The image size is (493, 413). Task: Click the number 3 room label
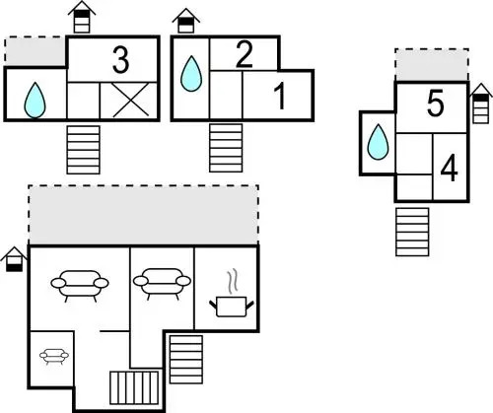click(120, 59)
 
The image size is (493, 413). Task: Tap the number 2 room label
click(244, 54)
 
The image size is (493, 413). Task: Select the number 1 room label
click(280, 97)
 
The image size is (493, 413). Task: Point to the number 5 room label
click(435, 103)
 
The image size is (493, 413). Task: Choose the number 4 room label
click(449, 169)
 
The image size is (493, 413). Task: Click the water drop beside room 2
click(191, 74)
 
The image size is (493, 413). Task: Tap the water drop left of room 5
click(378, 142)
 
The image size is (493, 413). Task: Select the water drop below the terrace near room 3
click(35, 100)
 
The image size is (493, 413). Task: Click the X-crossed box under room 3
click(130, 101)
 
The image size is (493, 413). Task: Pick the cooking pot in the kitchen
click(232, 307)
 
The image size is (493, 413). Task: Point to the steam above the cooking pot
click(233, 281)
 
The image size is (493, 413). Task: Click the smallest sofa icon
click(54, 357)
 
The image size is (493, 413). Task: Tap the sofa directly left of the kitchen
click(162, 284)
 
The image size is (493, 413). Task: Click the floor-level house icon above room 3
click(82, 17)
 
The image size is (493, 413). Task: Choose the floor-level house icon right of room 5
click(481, 103)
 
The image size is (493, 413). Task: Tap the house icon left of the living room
click(14, 259)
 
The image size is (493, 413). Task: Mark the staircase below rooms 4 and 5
click(412, 232)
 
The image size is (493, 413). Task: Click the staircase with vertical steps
click(134, 387)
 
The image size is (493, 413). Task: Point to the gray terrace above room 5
click(432, 65)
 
